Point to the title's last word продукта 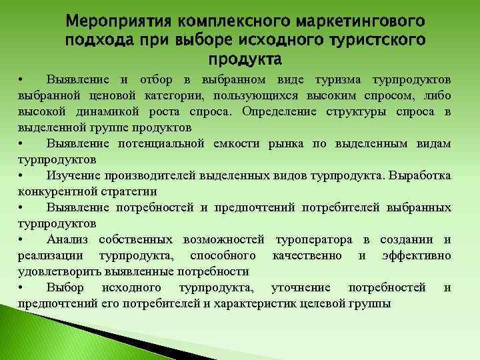coord(245,61)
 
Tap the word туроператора coord(314,239)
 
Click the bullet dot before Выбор coord(21,288)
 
